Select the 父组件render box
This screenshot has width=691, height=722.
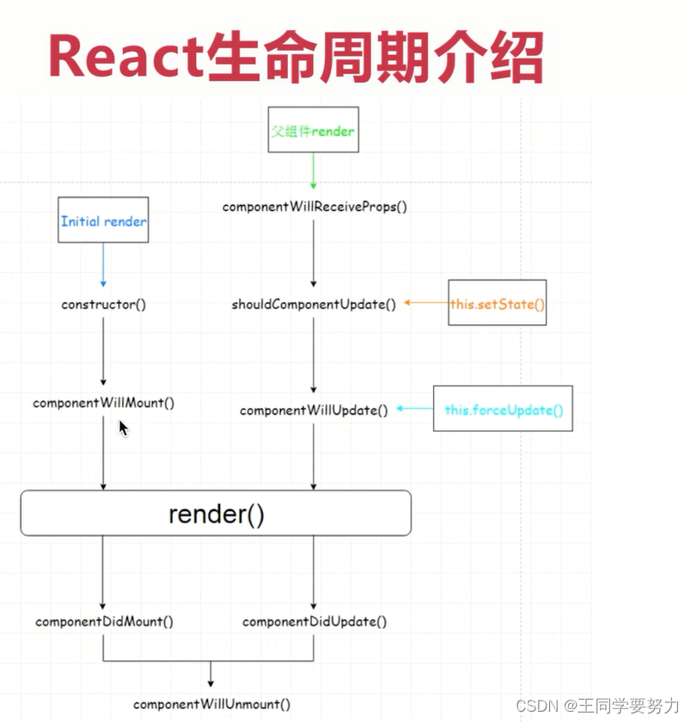312,132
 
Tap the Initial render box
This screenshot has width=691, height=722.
103,220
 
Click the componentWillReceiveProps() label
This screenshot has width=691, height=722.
314,207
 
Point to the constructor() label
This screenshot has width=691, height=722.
103,305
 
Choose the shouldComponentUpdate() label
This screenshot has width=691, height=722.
314,305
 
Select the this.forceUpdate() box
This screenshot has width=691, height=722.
503,410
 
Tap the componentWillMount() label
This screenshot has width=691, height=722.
103,403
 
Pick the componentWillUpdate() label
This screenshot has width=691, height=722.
314,410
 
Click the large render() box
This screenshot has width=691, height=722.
216,514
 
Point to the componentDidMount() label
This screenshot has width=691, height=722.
104,621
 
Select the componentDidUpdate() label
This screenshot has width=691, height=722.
315,621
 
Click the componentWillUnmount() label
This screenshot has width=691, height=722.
211,704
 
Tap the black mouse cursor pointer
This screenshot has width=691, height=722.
123,428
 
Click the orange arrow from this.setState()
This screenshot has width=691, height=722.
425,304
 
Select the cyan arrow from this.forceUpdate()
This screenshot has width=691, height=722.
414,410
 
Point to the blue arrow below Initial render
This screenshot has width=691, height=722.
103,263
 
